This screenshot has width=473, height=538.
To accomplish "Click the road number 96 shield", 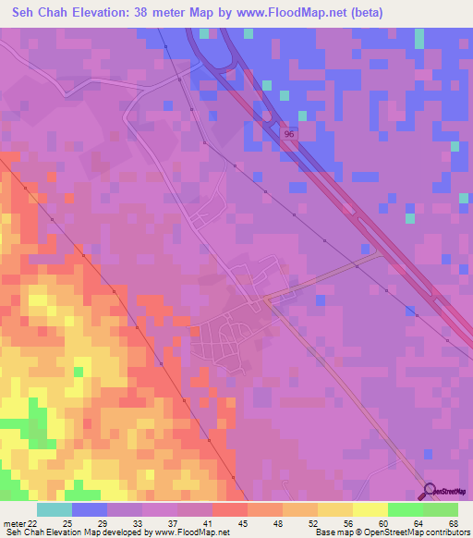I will tap(290, 134).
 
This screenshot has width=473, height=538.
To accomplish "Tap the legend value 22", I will tap(34, 523).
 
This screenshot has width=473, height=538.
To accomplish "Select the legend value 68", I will tap(453, 523).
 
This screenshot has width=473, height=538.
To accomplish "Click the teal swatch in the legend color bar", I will tap(55, 509).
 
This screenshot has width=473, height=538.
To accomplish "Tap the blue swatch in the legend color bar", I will tap(90, 509).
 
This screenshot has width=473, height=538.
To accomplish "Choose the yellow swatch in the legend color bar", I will tap(370, 509).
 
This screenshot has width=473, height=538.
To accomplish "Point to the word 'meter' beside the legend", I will tap(13, 523).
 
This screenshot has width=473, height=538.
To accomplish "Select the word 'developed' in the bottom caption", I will tap(114, 532).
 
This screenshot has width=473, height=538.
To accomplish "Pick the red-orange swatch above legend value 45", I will tap(230, 509).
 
